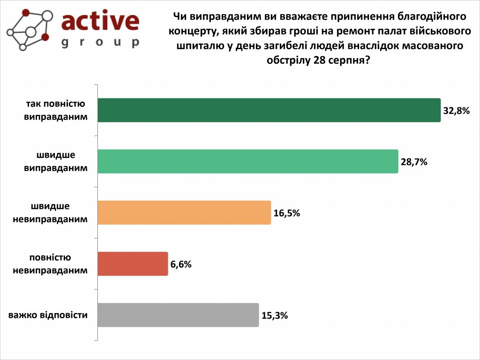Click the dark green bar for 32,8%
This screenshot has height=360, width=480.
pos(269,110)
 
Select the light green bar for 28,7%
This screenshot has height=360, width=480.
pos(248,161)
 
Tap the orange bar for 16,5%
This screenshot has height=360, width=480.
pos(184,212)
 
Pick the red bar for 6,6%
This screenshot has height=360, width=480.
pos(133,263)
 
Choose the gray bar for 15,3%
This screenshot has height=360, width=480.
pos(178,315)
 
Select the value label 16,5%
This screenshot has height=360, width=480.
pos(286,213)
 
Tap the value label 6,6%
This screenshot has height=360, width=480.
pos(181,264)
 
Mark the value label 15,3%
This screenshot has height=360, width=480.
pos(275,315)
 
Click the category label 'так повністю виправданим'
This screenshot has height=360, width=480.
pos(55,110)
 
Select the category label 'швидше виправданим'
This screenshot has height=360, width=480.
pos(55,161)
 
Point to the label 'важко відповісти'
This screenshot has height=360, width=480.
pos(48,315)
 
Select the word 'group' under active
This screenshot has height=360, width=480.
pos(100,42)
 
